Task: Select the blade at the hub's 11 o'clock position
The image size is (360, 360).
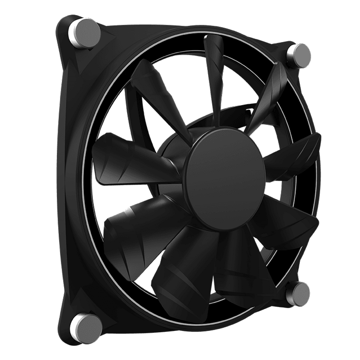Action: (155, 90)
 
